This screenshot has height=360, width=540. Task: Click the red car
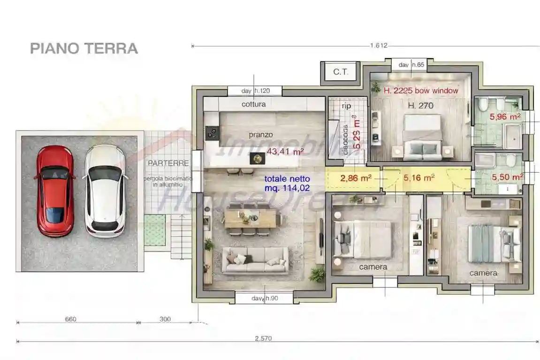(x=55, y=191)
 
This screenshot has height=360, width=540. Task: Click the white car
(x=105, y=191)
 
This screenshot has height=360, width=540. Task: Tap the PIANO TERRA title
(x=84, y=48)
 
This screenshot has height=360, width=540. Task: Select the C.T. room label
(x=340, y=72)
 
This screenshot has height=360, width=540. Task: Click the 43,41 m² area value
(x=285, y=152)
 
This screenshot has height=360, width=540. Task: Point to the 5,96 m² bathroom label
(x=505, y=117)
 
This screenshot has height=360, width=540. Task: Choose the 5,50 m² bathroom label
(x=507, y=177)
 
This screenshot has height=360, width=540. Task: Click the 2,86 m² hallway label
(x=356, y=178)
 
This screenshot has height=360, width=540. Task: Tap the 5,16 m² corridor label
(x=418, y=178)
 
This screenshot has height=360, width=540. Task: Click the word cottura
(x=253, y=104)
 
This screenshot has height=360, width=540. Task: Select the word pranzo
(x=261, y=135)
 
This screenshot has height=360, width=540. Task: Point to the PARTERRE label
(x=168, y=163)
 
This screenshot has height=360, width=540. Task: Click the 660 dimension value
(x=70, y=319)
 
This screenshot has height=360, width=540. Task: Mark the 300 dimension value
(x=165, y=319)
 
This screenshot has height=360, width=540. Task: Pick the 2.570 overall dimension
(x=263, y=338)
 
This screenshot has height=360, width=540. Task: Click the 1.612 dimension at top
(x=378, y=46)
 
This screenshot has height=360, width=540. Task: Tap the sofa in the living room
(x=255, y=260)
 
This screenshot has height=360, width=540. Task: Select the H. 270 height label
(x=420, y=106)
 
